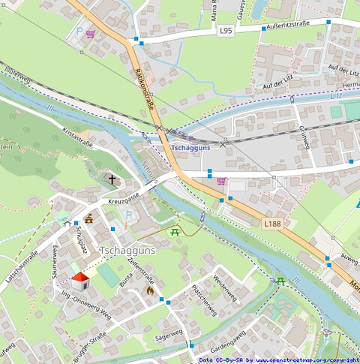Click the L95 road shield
[226, 31]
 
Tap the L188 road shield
[272, 224]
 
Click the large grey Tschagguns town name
[127, 250]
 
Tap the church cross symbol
[112, 180]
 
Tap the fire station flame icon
[150, 290]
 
